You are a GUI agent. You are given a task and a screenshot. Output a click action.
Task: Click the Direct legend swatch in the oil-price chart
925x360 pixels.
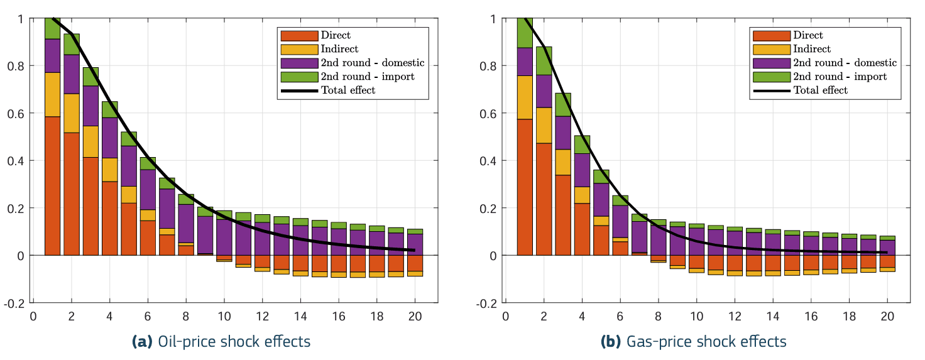[299, 36]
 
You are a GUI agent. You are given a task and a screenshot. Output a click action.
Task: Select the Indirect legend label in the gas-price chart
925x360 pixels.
[812, 49]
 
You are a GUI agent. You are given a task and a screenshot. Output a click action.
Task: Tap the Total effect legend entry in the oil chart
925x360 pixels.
[348, 90]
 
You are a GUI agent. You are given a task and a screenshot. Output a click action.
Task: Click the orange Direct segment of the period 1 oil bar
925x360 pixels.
[53, 185]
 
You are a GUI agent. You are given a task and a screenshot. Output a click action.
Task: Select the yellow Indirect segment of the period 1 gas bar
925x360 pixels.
[525, 97]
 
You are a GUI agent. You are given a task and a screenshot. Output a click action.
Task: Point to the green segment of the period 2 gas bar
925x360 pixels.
[544, 61]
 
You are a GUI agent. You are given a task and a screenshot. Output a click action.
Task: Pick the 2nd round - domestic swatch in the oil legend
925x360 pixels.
[299, 63]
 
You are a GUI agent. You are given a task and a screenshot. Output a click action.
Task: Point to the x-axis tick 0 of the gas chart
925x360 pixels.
[505, 315]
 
